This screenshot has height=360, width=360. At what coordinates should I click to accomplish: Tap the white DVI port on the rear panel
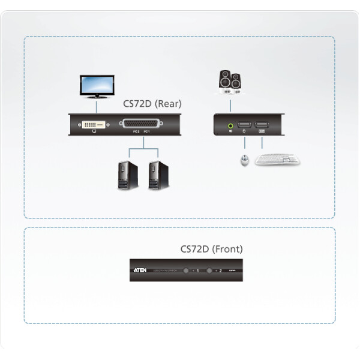pyautogui.click(x=93, y=125)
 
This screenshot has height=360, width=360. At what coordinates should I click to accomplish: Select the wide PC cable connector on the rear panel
pyautogui.click(x=142, y=125)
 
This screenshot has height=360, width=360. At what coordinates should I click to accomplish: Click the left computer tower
pyautogui.click(x=126, y=173)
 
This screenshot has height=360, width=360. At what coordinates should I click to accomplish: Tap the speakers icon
pyautogui.click(x=231, y=83)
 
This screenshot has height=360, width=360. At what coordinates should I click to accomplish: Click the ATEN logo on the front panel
pyautogui.click(x=139, y=271)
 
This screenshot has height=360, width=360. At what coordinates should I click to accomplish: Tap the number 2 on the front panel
pyautogui.click(x=220, y=271)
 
